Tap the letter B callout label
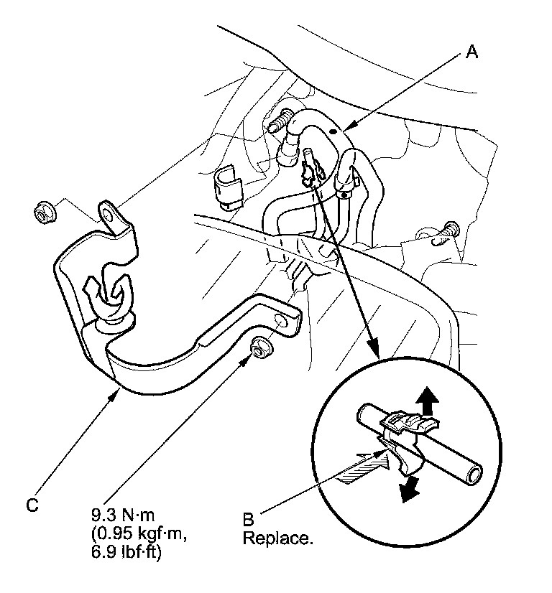248,518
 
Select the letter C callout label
32,505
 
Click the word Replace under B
277,537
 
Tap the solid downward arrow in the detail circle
410,490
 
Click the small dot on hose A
331,133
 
